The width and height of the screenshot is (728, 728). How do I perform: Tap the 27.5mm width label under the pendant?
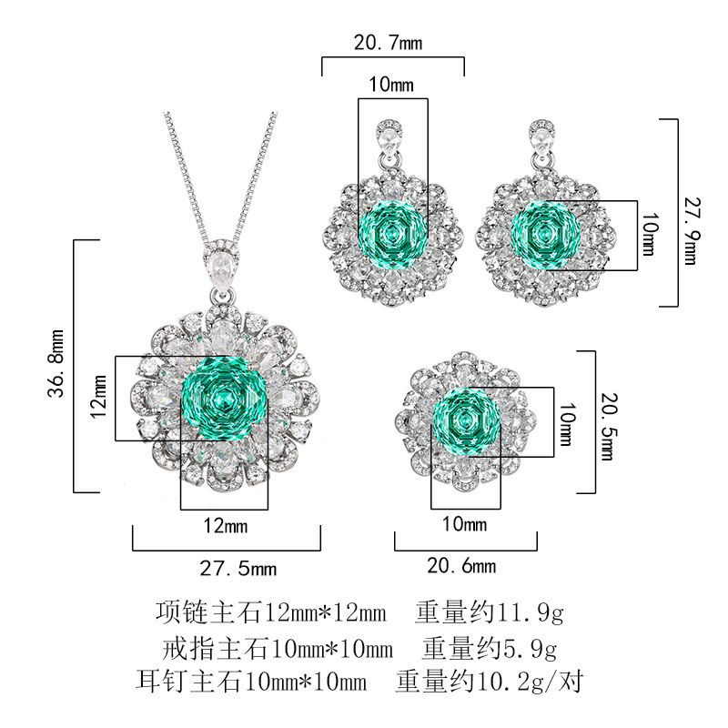click(238, 568)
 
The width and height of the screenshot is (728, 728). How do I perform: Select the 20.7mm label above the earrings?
click(389, 43)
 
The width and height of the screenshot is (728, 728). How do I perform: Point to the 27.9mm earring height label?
click(692, 231)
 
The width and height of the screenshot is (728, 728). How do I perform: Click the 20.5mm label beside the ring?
click(609, 426)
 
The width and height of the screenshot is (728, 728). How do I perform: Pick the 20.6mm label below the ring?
click(461, 565)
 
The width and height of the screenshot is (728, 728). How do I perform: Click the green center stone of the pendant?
click(225, 399)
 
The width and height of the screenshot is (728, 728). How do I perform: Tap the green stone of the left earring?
click(393, 235)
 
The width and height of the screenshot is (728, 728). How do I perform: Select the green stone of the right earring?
click(545, 235)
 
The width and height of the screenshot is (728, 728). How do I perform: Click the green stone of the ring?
click(466, 422)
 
